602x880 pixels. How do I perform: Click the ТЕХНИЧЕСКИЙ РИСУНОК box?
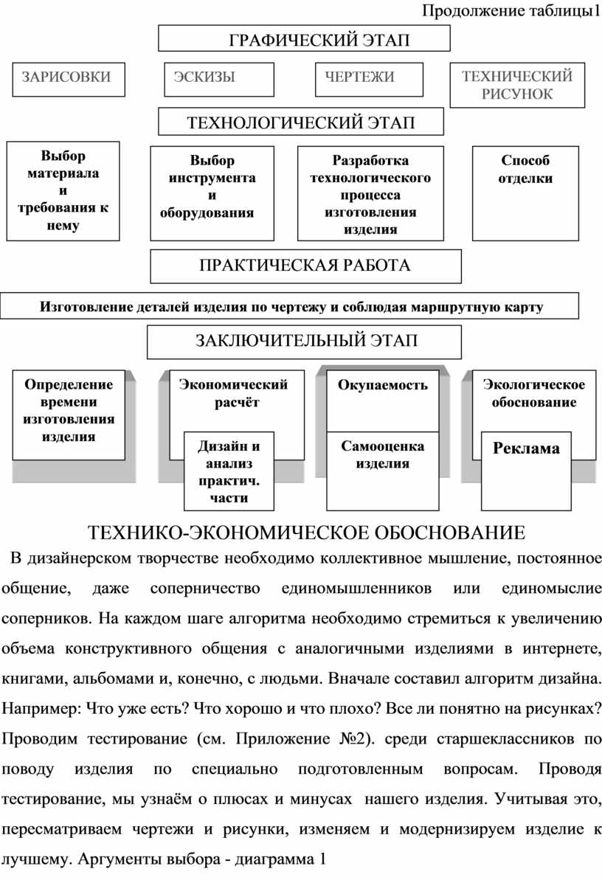516,85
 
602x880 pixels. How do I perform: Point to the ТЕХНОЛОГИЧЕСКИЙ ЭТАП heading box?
302,122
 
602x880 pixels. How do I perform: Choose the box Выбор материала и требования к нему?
63,190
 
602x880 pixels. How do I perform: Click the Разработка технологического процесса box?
370,193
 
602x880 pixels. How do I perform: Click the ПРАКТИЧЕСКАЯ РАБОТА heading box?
305,266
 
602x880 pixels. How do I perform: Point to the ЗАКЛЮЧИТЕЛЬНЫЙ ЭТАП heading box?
305,342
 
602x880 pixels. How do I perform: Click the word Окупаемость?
383,385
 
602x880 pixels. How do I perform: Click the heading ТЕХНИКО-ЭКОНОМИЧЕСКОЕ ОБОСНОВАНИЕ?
307,533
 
